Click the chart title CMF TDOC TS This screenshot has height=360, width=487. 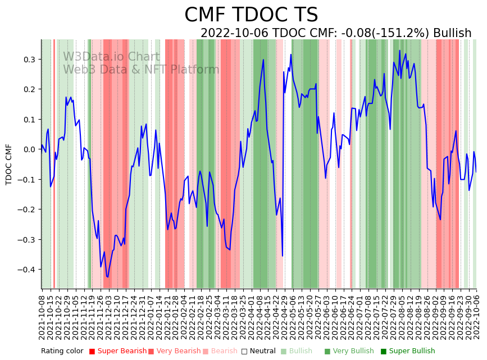coord(251,15)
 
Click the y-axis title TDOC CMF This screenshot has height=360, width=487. coord(9,164)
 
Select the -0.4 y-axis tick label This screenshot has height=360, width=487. coord(26,270)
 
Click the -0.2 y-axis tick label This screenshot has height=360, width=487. coord(26,209)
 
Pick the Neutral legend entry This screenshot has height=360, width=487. coord(260,351)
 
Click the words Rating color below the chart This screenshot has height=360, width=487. coord(62,351)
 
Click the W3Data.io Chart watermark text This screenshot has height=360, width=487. coord(111,57)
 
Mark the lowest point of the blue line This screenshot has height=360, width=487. coord(107,277)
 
